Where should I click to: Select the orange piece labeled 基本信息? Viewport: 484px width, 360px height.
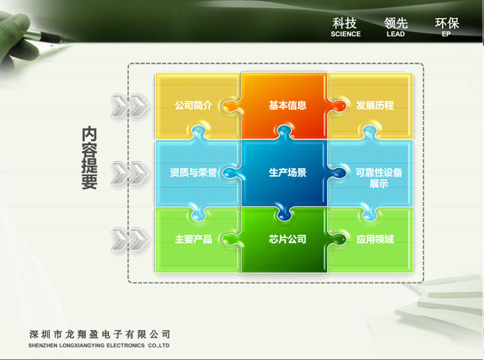click(x=284, y=106)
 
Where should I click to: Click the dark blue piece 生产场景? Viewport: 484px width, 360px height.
click(x=284, y=173)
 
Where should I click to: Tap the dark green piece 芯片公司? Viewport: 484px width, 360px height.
click(x=284, y=240)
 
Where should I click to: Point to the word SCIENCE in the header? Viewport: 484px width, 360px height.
click(x=346, y=34)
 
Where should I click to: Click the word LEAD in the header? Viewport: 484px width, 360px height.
click(x=395, y=34)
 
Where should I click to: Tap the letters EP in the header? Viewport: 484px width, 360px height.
click(x=446, y=34)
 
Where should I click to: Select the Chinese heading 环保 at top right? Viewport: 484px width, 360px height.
click(x=447, y=23)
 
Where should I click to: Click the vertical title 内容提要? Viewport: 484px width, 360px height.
click(x=89, y=157)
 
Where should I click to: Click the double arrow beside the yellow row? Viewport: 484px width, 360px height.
click(x=130, y=106)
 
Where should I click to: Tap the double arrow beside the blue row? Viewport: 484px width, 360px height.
click(x=130, y=173)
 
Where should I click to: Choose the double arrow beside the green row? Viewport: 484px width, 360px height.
click(x=130, y=240)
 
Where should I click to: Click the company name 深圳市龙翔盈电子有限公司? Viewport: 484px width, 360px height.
click(x=100, y=334)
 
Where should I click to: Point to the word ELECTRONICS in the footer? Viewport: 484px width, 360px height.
click(x=125, y=345)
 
